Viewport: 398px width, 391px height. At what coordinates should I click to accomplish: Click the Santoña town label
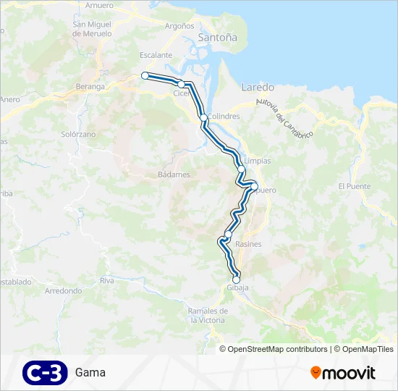tap(217, 37)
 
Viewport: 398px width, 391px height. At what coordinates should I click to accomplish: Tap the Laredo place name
tap(257, 86)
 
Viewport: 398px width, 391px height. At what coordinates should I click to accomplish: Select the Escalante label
tap(156, 55)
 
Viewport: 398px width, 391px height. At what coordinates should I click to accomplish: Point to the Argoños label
tap(179, 25)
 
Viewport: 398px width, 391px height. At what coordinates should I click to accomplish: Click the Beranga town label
tap(90, 87)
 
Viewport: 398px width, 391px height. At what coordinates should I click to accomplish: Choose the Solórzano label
tap(79, 135)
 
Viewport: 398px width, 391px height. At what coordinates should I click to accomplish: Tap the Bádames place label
tap(174, 175)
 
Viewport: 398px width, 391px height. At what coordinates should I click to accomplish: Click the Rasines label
tap(248, 244)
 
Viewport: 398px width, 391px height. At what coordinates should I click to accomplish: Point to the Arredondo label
tap(64, 290)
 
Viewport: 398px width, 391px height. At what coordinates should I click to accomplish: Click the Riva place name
tap(107, 280)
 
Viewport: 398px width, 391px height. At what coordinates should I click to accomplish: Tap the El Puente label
tap(354, 186)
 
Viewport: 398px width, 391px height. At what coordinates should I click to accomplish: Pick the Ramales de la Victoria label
tap(207, 315)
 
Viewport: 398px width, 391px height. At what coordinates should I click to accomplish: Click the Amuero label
tap(99, 5)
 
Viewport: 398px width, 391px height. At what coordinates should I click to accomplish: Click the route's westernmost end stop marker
tap(145, 75)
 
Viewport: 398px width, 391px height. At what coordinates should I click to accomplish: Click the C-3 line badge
tap(45, 372)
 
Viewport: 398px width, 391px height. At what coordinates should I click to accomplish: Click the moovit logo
tap(343, 372)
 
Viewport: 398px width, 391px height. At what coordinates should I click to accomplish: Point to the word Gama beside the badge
tap(90, 372)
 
